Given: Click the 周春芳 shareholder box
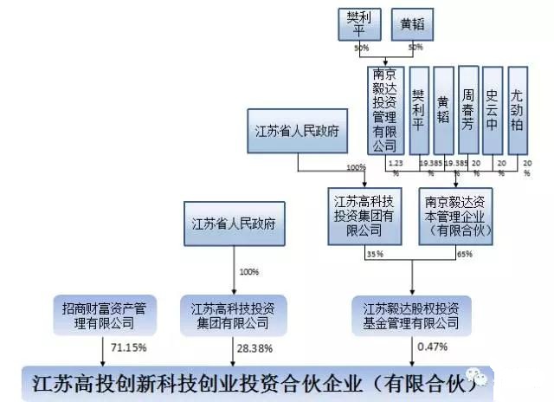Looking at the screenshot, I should pos(467,111).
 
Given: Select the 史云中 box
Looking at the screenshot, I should pos(493,111).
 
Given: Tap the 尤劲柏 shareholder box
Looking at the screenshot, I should pos(518,111).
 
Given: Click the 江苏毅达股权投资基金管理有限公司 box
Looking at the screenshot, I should pos(411,314).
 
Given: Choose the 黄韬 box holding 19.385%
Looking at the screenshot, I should pos(443,111).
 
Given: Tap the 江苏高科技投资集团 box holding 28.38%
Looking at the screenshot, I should pos(233,314).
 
